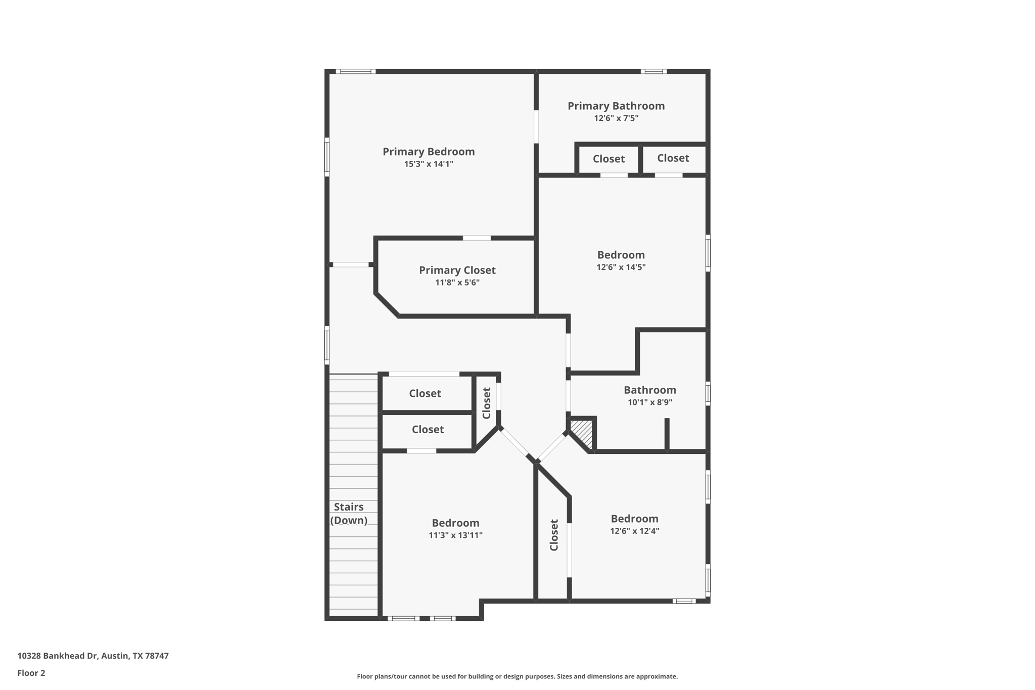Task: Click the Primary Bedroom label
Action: pos(429,152)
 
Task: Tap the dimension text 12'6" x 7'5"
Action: pos(616,118)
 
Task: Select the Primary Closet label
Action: pos(457,270)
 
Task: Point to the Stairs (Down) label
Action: pos(349,514)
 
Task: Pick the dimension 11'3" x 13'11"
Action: pos(455,535)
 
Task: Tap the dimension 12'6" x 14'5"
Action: pos(621,267)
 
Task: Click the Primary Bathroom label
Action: pos(616,106)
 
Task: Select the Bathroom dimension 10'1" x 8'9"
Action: pos(650,402)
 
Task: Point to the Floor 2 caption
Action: pos(31,673)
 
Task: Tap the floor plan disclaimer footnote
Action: pos(517,676)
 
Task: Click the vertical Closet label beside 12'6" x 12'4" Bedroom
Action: pos(554,535)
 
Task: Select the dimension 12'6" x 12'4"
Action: pos(634,531)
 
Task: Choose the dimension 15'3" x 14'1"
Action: pos(429,164)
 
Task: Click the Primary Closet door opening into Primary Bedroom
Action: pos(477,238)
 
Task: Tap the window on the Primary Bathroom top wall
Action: pos(653,72)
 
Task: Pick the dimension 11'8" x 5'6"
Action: pos(457,283)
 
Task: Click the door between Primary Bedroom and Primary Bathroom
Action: pos(536,126)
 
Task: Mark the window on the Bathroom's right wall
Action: pos(708,393)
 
